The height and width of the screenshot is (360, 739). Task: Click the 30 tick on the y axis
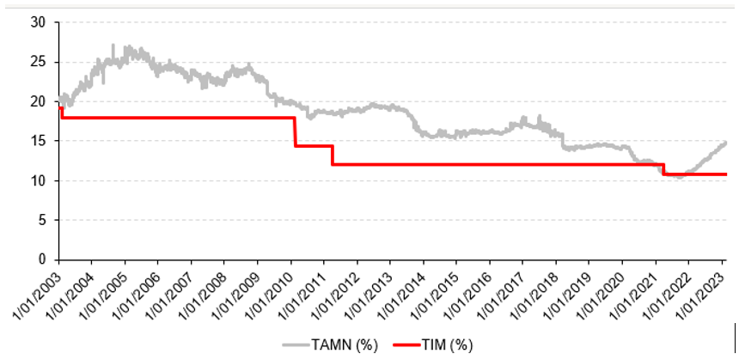(x=37, y=22)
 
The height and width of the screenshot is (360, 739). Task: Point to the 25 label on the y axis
(x=37, y=62)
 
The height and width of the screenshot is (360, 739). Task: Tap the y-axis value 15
(x=37, y=141)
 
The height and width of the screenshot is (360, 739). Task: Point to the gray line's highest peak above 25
(x=113, y=46)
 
